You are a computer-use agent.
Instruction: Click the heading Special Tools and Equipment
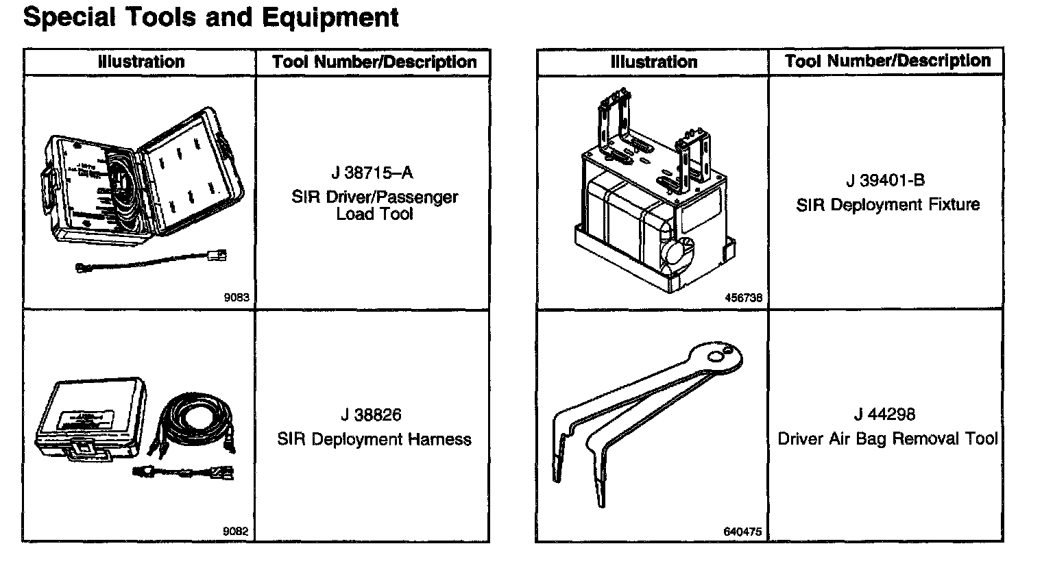pyautogui.click(x=210, y=17)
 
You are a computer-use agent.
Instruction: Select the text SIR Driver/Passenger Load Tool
pyautogui.click(x=374, y=206)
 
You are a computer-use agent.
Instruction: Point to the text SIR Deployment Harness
pyautogui.click(x=374, y=439)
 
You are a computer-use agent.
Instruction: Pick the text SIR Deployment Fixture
pyautogui.click(x=888, y=205)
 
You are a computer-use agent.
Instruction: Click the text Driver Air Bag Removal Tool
pyautogui.click(x=888, y=438)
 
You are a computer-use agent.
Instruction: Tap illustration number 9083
pyautogui.click(x=236, y=297)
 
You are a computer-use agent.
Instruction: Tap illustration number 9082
pyautogui.click(x=236, y=531)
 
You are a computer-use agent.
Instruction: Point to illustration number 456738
pyautogui.click(x=743, y=298)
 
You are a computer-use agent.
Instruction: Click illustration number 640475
pyautogui.click(x=742, y=532)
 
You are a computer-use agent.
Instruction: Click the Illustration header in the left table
pyautogui.click(x=141, y=62)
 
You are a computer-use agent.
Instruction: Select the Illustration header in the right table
pyautogui.click(x=653, y=62)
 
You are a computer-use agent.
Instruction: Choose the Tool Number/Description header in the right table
pyautogui.click(x=888, y=61)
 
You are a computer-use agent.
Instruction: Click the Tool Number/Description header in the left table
pyautogui.click(x=374, y=62)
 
